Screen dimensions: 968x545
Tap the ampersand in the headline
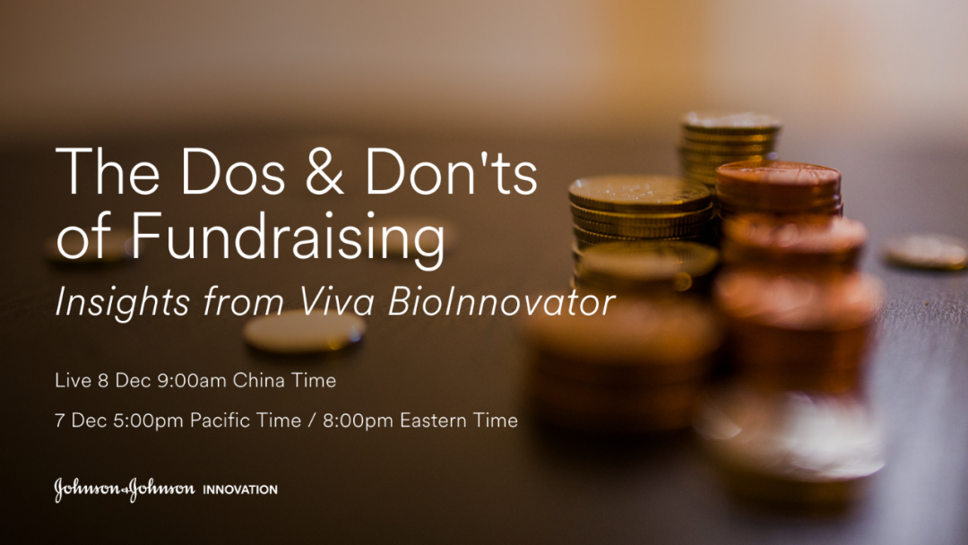[x=324, y=171]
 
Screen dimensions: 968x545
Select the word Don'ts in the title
[x=451, y=171]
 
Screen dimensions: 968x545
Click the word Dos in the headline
[x=232, y=171]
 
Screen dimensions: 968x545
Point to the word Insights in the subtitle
[x=122, y=303]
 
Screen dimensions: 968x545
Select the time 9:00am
[x=192, y=380]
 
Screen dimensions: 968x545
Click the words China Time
[x=284, y=380]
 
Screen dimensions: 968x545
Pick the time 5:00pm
[x=148, y=420]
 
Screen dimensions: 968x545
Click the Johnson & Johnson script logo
[x=124, y=489]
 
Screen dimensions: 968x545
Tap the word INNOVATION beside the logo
[x=240, y=489]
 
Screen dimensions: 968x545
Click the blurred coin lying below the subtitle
[x=304, y=331]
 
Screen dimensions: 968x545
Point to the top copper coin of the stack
[x=778, y=175]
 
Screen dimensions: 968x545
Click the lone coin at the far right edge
[x=925, y=251]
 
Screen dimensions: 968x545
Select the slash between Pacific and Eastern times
[x=312, y=421]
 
